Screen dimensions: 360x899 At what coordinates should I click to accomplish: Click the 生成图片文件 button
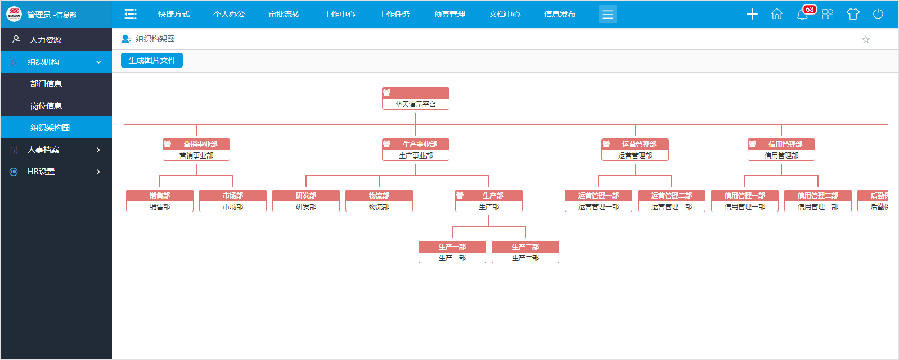152,60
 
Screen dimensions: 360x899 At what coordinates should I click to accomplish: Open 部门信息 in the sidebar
46,84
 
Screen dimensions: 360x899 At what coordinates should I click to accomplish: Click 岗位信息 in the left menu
46,106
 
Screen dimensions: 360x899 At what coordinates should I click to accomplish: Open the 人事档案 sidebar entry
43,150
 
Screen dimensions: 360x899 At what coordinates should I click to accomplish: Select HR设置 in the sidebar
41,172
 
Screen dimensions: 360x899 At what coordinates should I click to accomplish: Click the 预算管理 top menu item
450,14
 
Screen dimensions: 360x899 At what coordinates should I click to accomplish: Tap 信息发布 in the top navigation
560,14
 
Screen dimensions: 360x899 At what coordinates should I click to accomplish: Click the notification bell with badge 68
803,14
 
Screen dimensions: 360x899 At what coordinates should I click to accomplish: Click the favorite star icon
866,39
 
